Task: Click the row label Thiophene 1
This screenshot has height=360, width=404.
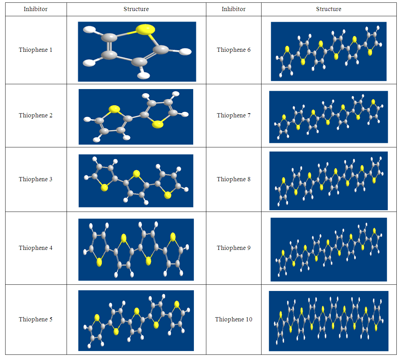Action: (36, 50)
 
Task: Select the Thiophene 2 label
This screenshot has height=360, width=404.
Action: (36, 115)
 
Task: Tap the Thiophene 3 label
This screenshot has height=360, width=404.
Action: (36, 179)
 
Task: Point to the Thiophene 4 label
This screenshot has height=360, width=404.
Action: (36, 248)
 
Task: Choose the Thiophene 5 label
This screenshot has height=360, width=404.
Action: (36, 319)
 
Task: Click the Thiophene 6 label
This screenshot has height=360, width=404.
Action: (234, 50)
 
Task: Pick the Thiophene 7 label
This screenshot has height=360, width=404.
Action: (234, 115)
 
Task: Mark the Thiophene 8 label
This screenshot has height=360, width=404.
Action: (234, 179)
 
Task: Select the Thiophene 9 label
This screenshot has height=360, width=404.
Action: (234, 248)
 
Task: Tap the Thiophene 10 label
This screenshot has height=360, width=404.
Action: (234, 319)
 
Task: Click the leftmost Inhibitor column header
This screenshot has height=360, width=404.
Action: (36, 9)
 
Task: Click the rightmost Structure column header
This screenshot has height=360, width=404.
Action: (328, 9)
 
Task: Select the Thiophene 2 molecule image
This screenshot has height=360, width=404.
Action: (136, 117)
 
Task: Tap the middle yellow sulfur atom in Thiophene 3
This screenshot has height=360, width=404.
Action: (136, 174)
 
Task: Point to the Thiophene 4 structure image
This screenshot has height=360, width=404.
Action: (136, 250)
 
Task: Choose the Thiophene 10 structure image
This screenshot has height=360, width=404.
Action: (328, 321)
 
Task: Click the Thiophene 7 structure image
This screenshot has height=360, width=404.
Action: (328, 117)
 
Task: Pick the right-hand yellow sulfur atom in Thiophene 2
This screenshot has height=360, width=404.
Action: (158, 124)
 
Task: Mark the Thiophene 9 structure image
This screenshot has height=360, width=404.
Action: (328, 250)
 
